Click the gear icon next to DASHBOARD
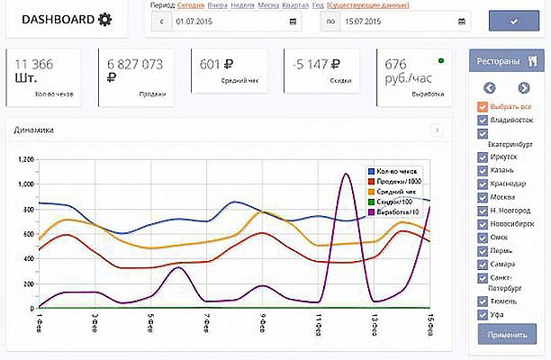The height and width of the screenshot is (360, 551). click(x=105, y=20)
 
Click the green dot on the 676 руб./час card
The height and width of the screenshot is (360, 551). click(x=441, y=61)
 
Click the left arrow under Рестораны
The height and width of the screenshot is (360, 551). click(x=490, y=87)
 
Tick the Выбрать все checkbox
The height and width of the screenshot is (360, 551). click(x=483, y=106)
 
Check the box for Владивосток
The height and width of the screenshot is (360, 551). click(x=483, y=119)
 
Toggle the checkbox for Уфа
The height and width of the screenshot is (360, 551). click(x=483, y=315)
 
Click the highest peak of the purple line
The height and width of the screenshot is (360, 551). click(x=347, y=175)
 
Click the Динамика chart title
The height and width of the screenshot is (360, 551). click(x=33, y=130)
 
